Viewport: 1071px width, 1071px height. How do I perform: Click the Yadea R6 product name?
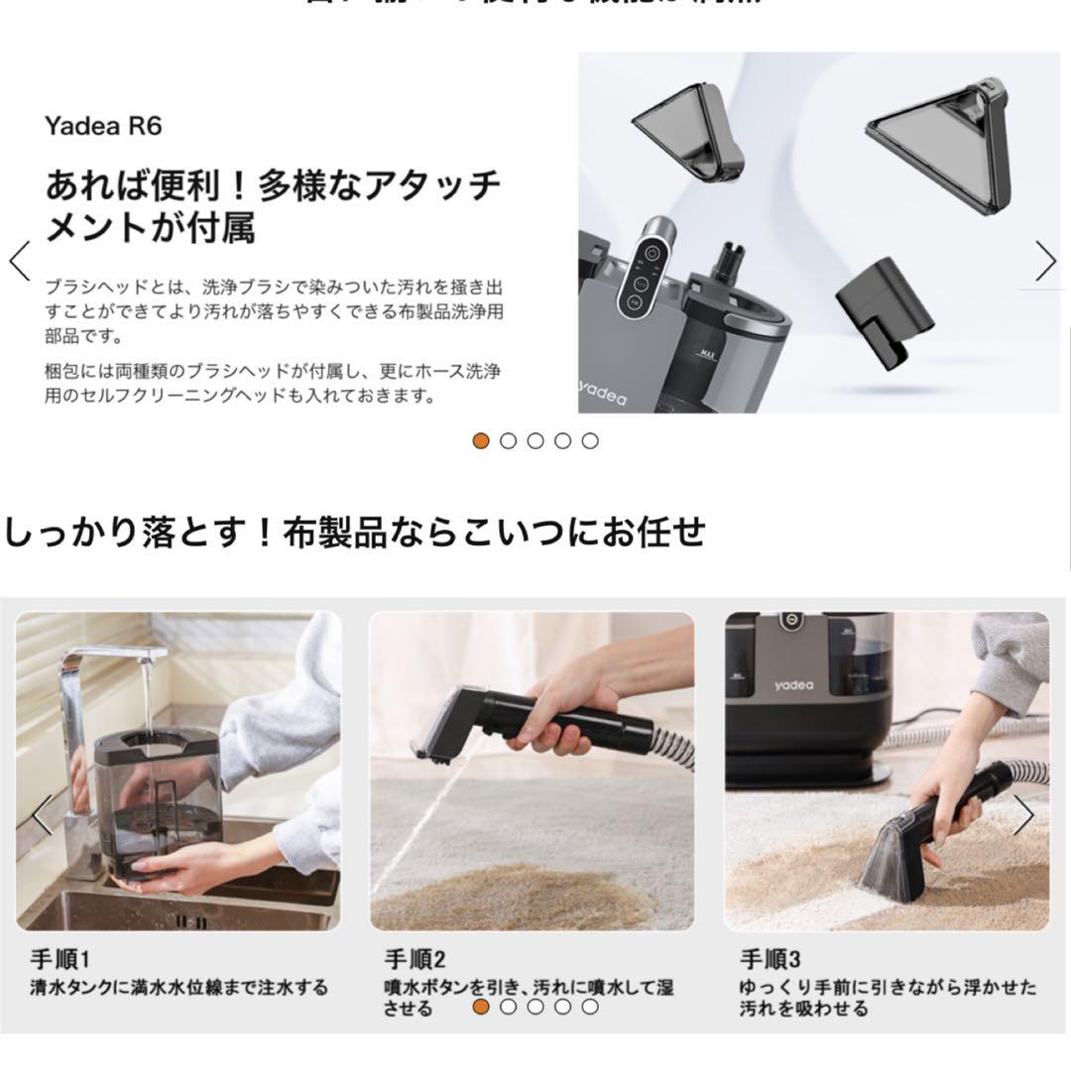pyautogui.click(x=102, y=126)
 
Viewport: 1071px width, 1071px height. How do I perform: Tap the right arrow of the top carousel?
pyautogui.click(x=1045, y=261)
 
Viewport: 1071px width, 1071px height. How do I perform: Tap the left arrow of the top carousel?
pyautogui.click(x=19, y=261)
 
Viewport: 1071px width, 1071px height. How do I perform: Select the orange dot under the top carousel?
pyautogui.click(x=481, y=441)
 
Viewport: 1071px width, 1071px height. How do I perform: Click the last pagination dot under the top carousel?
pyautogui.click(x=590, y=441)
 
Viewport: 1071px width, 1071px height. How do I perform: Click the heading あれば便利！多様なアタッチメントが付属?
pyautogui.click(x=273, y=206)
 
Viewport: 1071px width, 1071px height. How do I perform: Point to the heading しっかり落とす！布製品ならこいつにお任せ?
pyautogui.click(x=354, y=533)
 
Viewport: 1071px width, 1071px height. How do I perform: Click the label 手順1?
pyautogui.click(x=59, y=959)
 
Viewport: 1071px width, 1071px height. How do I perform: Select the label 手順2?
pyautogui.click(x=415, y=959)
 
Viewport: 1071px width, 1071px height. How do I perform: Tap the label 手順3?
pyautogui.click(x=770, y=959)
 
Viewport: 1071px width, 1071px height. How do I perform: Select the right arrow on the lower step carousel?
pyautogui.click(x=1022, y=815)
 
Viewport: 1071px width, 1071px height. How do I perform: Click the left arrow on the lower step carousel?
pyautogui.click(x=41, y=815)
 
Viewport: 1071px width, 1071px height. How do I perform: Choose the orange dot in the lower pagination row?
pyautogui.click(x=481, y=1007)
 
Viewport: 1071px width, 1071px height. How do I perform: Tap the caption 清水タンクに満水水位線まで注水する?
pyautogui.click(x=178, y=988)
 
